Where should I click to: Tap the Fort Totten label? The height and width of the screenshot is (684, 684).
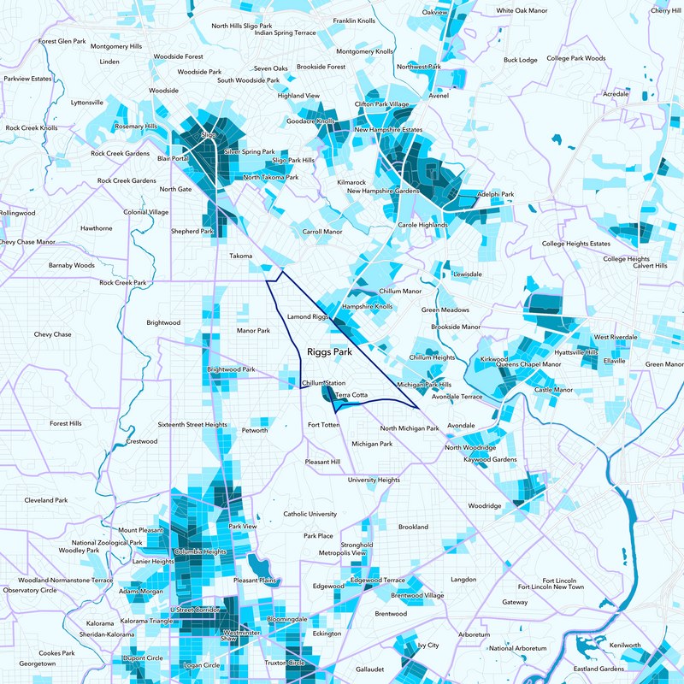pyautogui.click(x=324, y=425)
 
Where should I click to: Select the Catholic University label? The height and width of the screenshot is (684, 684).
pyautogui.click(x=310, y=514)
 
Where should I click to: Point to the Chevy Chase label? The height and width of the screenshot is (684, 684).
pyautogui.click(x=53, y=334)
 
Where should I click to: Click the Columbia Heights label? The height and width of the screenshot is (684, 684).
pyautogui.click(x=200, y=552)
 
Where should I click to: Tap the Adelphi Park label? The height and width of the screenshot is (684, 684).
pyautogui.click(x=495, y=194)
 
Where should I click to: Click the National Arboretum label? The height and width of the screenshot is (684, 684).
pyautogui.click(x=516, y=647)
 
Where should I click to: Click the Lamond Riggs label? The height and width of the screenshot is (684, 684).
pyautogui.click(x=308, y=316)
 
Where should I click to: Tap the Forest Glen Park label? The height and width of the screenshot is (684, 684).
pyautogui.click(x=62, y=41)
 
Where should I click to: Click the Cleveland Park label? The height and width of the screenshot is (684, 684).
pyautogui.click(x=44, y=500)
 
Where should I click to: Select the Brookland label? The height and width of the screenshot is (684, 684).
pyautogui.click(x=413, y=527)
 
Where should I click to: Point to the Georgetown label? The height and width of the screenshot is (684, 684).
pyautogui.click(x=38, y=663)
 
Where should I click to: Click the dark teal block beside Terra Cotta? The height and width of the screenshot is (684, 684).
pyautogui.click(x=328, y=394)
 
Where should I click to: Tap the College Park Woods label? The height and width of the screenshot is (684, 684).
pyautogui.click(x=576, y=58)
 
